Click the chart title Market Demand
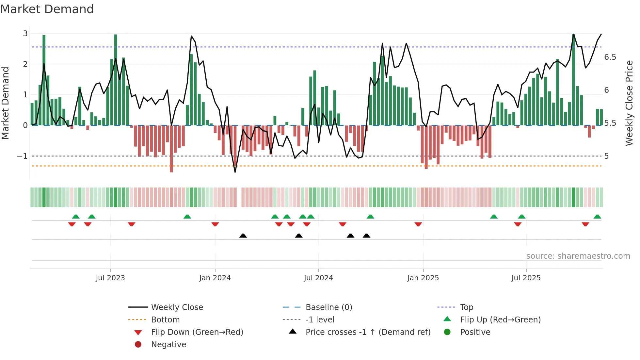coord(47,9)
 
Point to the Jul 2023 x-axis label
coord(110,278)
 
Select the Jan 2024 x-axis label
coord(215,278)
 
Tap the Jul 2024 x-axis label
coord(318,278)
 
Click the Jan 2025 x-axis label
coord(423,278)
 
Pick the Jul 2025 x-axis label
coord(526,278)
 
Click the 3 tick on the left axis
coord(25,34)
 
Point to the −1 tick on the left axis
coord(22,156)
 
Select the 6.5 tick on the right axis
coord(610,57)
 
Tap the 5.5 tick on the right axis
coord(610,123)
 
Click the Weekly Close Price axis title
coord(629,103)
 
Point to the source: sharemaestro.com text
coord(578,256)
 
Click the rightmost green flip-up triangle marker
coord(597,217)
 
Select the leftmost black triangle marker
coord(243,236)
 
